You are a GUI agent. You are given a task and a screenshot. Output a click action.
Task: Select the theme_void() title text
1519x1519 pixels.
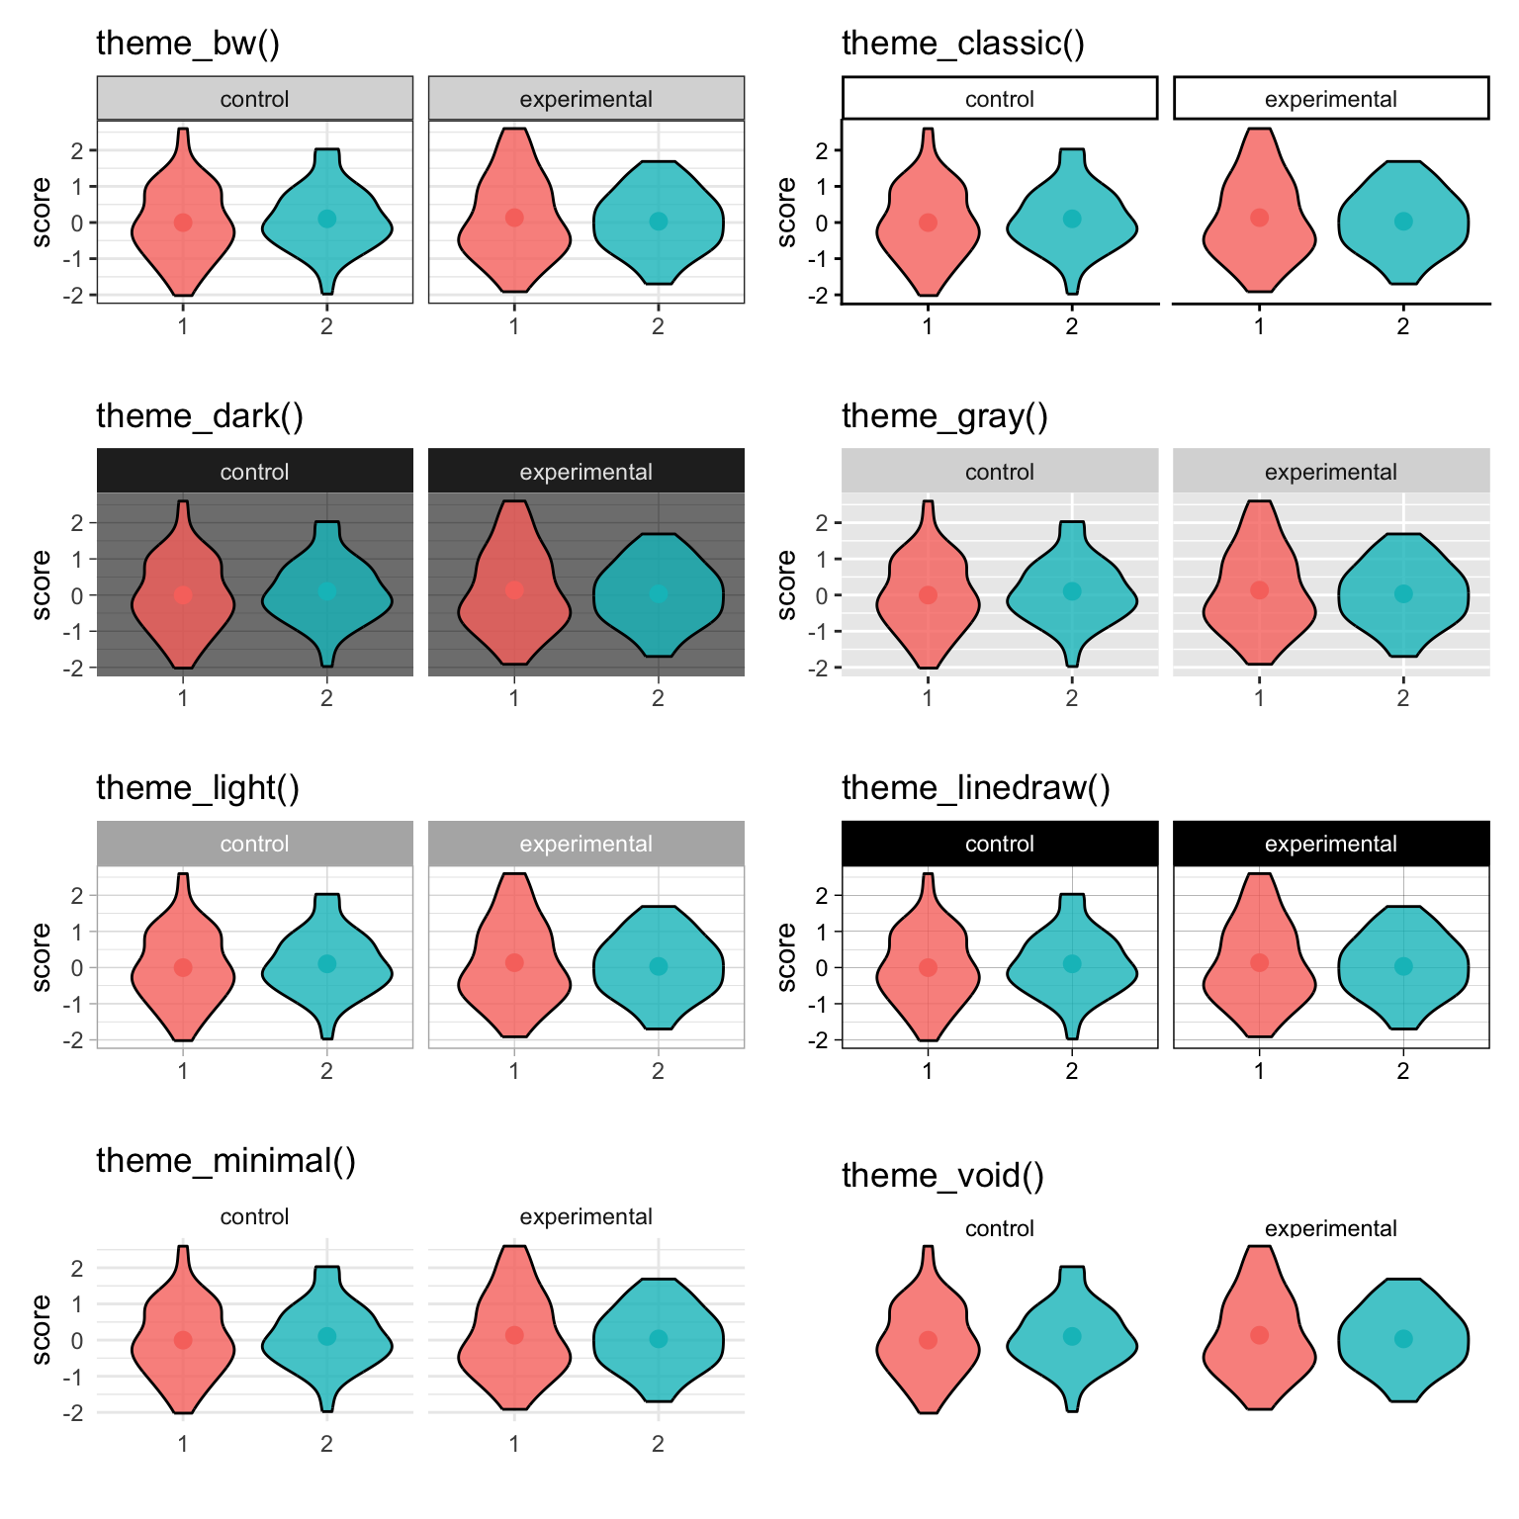942,1176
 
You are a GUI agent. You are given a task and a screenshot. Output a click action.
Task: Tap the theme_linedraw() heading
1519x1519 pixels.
975,788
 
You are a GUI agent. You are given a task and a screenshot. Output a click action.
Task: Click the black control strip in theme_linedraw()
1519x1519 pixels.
999,844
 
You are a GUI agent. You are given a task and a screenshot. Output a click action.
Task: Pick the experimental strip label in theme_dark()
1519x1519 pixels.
585,472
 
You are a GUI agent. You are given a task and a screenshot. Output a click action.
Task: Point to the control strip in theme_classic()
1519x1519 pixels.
999,99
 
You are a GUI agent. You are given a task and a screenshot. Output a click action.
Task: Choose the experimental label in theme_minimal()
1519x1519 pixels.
585,1216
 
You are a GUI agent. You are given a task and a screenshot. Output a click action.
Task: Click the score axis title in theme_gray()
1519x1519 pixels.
786,584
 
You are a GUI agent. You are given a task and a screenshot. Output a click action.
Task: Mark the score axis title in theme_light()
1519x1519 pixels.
41,956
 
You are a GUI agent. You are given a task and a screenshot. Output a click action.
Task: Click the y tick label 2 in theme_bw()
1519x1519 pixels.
78,150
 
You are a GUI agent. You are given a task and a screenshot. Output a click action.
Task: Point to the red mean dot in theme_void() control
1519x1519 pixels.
928,1340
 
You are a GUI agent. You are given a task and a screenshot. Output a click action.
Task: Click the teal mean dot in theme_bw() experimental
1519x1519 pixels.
659,221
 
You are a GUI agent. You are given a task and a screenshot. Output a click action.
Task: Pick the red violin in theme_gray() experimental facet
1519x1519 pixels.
1259,583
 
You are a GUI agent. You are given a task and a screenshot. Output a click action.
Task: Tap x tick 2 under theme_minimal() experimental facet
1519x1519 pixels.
658,1444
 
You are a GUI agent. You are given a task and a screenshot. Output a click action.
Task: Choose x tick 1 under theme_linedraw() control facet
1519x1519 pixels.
928,1071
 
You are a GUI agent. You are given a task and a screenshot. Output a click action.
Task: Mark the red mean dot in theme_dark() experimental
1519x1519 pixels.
514,589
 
